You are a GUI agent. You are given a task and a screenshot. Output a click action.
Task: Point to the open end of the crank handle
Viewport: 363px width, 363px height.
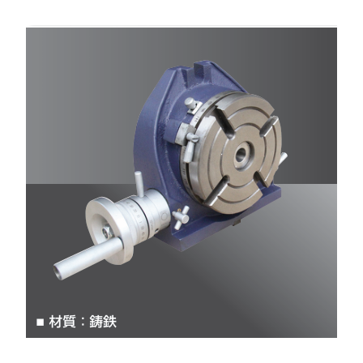[x=59, y=271]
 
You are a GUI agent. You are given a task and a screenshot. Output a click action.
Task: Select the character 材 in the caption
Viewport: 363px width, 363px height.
[x=56, y=322]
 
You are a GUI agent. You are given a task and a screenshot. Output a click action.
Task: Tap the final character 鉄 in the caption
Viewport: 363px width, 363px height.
[x=110, y=322]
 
